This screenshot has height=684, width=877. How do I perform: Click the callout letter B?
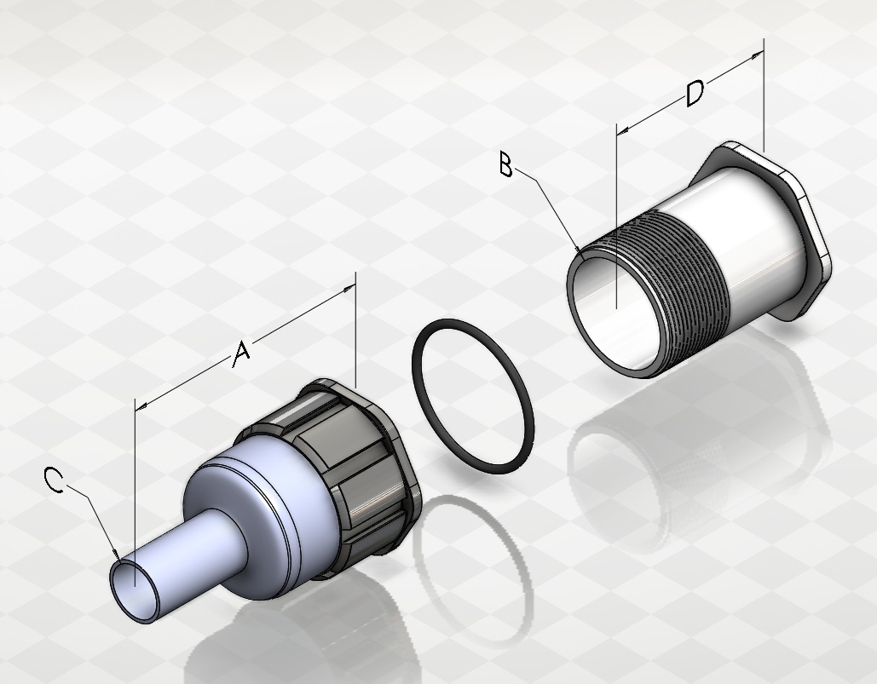[x=505, y=165]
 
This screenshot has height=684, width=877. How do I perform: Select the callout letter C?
[x=54, y=480]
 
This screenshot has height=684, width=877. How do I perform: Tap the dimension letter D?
[x=695, y=94]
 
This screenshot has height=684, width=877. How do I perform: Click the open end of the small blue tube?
[x=135, y=592]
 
